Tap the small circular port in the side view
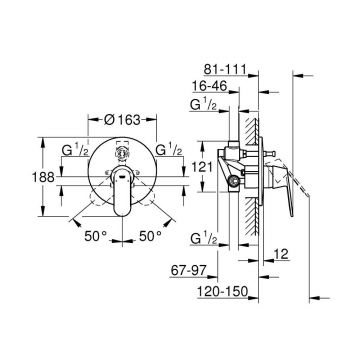point(237,181)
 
